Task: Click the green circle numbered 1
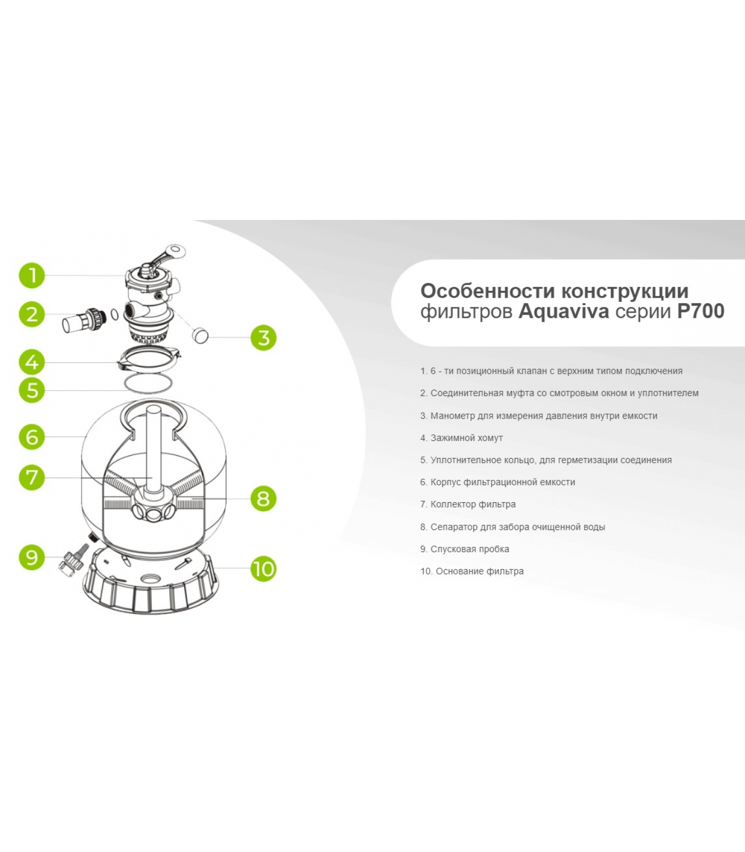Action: (x=32, y=275)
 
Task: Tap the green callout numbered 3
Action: (x=263, y=338)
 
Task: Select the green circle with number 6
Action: (x=32, y=437)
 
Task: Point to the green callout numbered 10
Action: (x=263, y=569)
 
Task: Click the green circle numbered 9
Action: (x=32, y=557)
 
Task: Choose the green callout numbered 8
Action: (x=263, y=498)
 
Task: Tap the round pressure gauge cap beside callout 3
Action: (x=200, y=335)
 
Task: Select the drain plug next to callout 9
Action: (x=72, y=559)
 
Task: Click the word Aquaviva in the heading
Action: (x=564, y=311)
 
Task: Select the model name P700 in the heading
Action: (x=700, y=311)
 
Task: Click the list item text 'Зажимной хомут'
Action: (x=467, y=438)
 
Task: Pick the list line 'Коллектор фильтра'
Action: (x=473, y=504)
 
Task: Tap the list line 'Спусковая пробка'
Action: (x=470, y=549)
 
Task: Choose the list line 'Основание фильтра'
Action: (x=479, y=571)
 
